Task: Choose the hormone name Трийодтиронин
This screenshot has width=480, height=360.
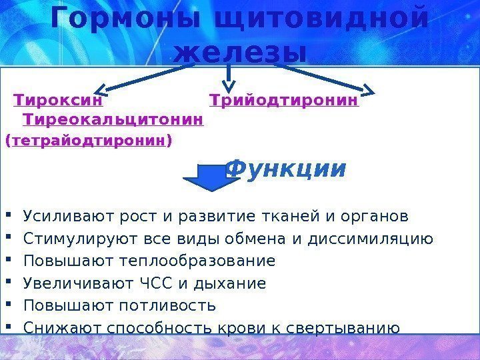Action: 284,101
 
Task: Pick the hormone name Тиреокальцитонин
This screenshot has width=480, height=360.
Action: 113,120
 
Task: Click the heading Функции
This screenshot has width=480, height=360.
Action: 287,169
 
